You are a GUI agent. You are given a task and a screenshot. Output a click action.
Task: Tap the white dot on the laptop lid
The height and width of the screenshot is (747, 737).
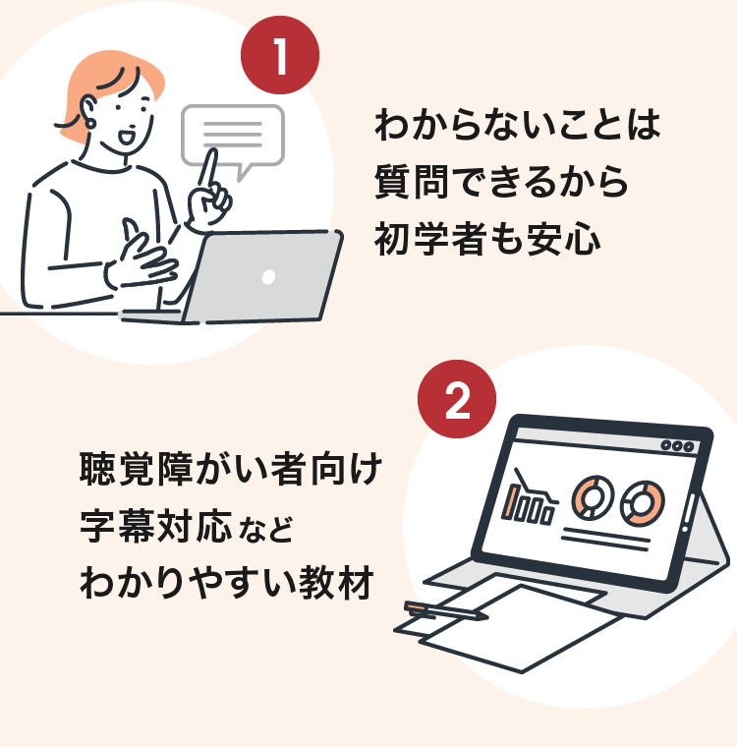268,278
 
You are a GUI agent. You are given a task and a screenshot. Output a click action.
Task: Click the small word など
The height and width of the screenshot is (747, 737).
266,531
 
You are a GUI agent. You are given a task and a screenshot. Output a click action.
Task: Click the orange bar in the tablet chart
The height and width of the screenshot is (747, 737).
512,502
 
